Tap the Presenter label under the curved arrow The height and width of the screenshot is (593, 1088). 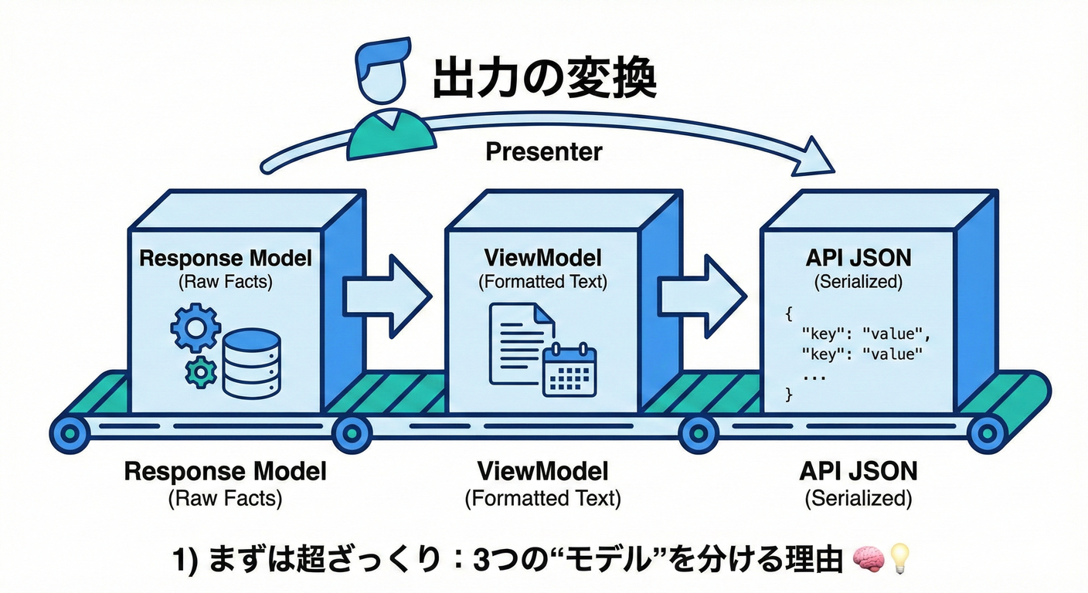(543, 151)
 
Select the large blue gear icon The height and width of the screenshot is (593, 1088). (195, 328)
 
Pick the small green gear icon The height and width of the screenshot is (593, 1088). (202, 373)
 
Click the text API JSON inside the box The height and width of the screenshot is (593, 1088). (858, 258)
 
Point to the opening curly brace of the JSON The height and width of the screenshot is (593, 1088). (789, 315)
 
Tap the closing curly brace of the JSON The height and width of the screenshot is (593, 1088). (789, 395)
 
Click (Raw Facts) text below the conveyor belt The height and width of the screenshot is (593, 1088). (225, 499)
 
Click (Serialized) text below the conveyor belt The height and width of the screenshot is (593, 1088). (858, 499)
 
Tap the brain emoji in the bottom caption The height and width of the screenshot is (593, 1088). (868, 559)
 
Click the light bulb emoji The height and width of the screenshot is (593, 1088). (900, 559)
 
